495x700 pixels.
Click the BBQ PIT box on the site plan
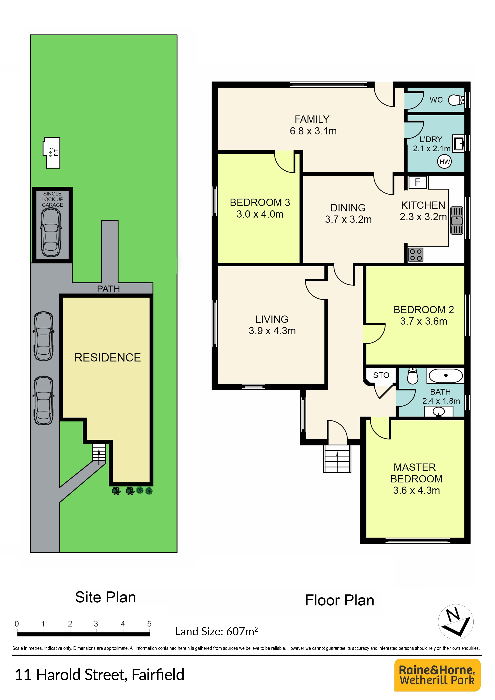tap(52, 153)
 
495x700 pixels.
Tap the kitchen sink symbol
tap(457, 220)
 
